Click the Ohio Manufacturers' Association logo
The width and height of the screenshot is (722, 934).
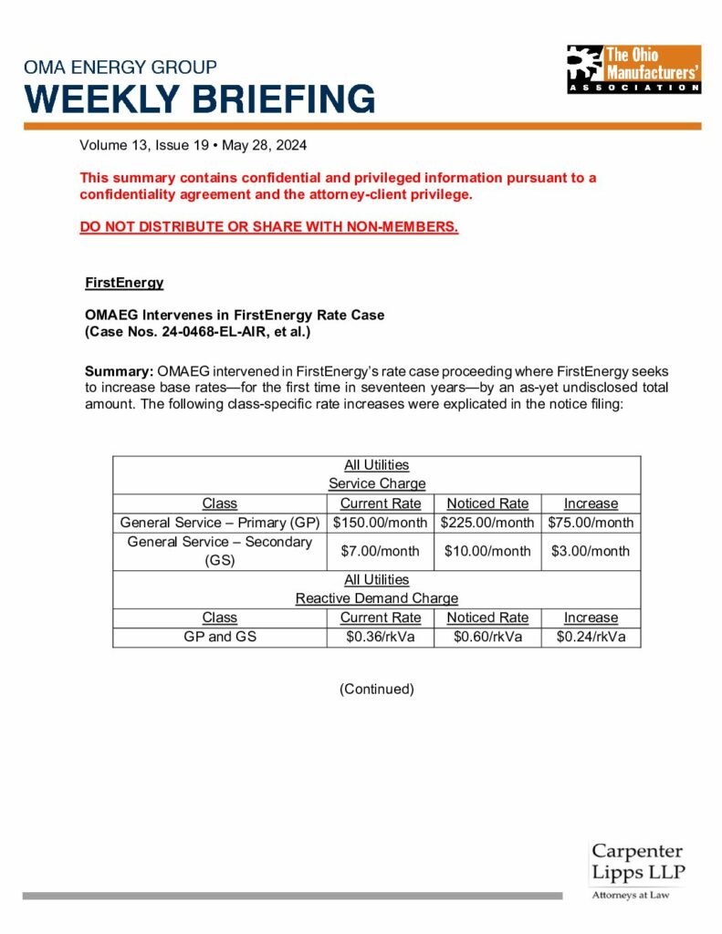pos(633,69)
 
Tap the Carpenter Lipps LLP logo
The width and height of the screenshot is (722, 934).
pos(637,872)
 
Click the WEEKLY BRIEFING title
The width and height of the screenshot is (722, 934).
pos(200,98)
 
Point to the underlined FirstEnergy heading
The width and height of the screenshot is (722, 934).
pos(124,283)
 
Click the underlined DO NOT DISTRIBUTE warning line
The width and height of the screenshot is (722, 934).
pos(268,226)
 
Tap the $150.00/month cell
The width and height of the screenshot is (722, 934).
pos(381,523)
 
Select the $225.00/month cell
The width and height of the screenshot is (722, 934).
pos(487,523)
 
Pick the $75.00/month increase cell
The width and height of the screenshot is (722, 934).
pos(591,523)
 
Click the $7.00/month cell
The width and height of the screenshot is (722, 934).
pos(381,551)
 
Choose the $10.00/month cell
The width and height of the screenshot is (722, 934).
pos(487,551)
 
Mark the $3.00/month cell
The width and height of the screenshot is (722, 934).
pos(591,551)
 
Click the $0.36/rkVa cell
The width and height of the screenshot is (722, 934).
pos(381,637)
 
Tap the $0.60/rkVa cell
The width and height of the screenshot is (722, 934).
pos(487,637)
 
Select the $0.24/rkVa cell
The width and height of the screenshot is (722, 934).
pos(591,637)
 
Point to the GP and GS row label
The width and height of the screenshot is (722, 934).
pos(220,637)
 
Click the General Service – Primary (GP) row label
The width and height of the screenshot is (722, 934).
pos(220,523)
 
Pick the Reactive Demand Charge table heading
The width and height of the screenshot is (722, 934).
pos(376,598)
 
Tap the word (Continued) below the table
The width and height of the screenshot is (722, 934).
pos(376,689)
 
